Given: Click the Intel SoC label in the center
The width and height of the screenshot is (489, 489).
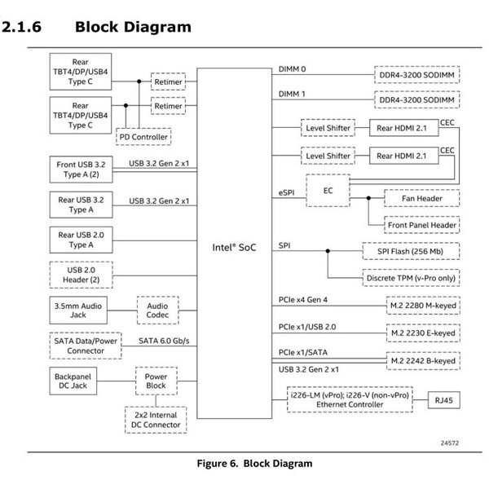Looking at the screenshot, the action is (x=234, y=247).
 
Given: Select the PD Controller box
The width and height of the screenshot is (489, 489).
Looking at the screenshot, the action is (x=143, y=137).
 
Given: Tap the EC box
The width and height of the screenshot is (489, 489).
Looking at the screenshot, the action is (x=328, y=191).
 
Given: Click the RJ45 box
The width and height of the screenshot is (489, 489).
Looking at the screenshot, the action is (x=443, y=400).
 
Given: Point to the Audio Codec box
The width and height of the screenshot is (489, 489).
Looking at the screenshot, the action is (x=157, y=311).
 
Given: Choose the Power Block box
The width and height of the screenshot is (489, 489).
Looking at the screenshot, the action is (x=156, y=381).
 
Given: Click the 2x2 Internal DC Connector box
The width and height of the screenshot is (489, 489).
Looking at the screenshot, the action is (x=156, y=420).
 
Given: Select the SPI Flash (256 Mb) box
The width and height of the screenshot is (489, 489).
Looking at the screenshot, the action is (x=411, y=251).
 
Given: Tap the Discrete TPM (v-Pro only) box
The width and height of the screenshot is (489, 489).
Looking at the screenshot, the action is (x=411, y=278).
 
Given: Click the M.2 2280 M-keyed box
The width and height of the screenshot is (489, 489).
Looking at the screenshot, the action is (x=423, y=306).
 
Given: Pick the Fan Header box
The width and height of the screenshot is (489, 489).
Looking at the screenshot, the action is (x=421, y=198).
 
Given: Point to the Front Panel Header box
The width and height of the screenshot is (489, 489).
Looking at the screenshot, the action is (x=421, y=225).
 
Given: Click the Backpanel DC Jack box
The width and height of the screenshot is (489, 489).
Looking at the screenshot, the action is (x=73, y=381).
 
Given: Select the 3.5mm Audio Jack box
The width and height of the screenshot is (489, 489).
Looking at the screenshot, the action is (x=78, y=311).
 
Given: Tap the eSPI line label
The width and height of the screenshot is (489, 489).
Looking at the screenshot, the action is (x=286, y=192).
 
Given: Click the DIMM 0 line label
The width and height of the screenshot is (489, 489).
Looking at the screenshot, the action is (x=292, y=69).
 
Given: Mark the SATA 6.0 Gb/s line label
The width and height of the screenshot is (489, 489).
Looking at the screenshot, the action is (x=164, y=341).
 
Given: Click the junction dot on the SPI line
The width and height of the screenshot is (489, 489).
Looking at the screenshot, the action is (x=328, y=251).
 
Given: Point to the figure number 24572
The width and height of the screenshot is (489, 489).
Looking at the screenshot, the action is (x=449, y=443).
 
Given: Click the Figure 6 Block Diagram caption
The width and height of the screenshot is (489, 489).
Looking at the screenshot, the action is (x=254, y=464).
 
